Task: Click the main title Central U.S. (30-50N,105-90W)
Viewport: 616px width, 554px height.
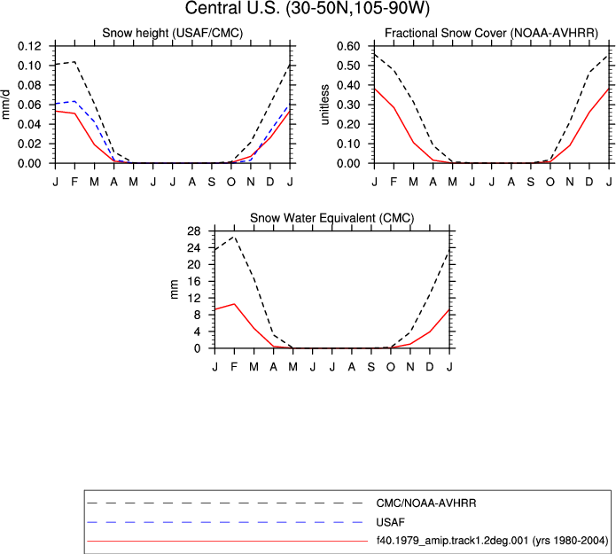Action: [308, 8]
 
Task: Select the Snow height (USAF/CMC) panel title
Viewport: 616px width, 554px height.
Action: [173, 33]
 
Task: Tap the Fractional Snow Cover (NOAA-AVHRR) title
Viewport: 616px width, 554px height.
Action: [491, 33]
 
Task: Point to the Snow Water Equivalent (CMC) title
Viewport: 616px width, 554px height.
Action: [332, 218]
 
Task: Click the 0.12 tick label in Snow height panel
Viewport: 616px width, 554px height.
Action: [29, 46]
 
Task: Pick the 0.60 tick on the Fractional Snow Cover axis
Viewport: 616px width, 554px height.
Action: [348, 46]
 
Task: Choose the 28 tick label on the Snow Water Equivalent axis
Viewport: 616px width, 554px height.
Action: [194, 231]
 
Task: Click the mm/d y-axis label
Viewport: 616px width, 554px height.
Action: [5, 105]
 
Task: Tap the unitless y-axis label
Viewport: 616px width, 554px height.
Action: [324, 105]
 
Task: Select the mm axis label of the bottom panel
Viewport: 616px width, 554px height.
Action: [174, 290]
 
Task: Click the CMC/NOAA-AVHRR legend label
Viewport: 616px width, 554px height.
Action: [426, 503]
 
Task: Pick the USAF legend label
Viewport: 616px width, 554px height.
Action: [391, 522]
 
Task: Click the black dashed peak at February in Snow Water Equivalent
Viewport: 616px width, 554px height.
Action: [235, 237]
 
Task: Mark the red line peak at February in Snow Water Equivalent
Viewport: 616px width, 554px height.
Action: [235, 304]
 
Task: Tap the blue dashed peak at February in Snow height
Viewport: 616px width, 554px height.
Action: [74, 101]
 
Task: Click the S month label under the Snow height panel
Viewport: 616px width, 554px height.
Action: [212, 182]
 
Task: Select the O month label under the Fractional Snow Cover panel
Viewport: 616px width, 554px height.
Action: [550, 182]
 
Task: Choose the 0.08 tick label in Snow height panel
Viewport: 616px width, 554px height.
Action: [29, 85]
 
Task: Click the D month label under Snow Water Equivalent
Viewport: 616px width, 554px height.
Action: [430, 367]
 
